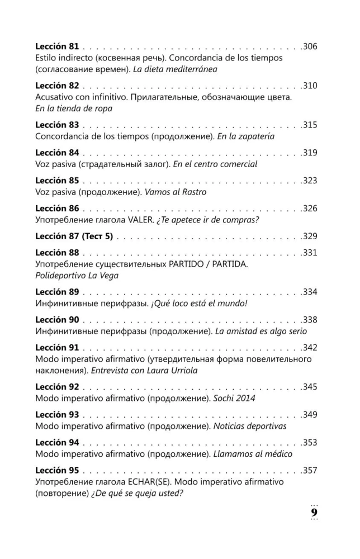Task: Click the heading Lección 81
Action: pos(57,46)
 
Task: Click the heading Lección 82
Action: pos(57,86)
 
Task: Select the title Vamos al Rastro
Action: pos(176,192)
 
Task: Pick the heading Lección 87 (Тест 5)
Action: pos(74,236)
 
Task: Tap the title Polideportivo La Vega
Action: pos(77,276)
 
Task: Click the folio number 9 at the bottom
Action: pos(314,513)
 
